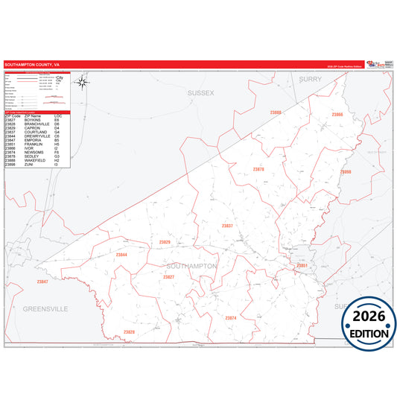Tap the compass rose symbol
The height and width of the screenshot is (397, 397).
point(83,83)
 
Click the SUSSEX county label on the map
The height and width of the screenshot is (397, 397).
point(200,93)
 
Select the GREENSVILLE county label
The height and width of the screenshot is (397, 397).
point(45,308)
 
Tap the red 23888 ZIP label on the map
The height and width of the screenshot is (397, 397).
point(276,112)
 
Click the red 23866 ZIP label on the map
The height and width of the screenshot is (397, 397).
point(337,115)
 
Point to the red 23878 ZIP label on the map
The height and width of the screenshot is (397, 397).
point(258,169)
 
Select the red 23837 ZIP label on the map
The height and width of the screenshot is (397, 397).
point(227,225)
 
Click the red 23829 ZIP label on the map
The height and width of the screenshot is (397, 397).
point(165,242)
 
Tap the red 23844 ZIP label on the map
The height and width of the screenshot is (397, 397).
point(121,255)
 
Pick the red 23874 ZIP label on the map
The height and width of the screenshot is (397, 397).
point(230,318)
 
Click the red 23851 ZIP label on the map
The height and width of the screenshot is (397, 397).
point(302,265)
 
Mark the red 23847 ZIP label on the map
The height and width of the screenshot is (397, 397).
point(42,282)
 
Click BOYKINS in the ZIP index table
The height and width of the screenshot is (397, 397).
point(34,120)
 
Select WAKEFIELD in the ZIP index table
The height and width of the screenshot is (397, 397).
point(36,159)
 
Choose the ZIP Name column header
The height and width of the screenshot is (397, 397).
point(33,115)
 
